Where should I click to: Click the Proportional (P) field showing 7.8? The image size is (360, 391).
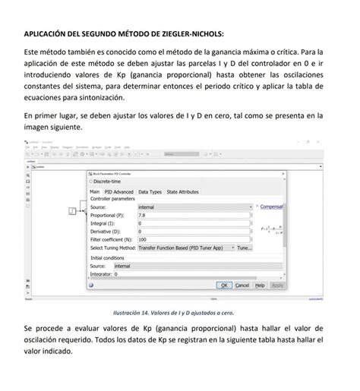point(194,216)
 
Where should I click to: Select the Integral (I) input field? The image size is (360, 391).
point(194,224)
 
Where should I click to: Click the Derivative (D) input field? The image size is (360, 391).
point(194,232)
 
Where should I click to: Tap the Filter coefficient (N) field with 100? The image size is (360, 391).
point(194,240)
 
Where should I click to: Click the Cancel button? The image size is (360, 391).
point(242,285)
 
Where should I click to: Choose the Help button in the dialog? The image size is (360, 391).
point(260,285)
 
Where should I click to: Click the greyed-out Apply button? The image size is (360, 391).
point(277,285)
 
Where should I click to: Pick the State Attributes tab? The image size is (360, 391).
point(182,192)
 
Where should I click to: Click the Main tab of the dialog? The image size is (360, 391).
point(95,192)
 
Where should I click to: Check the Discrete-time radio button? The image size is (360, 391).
point(93,181)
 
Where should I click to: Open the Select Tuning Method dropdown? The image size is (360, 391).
point(186,248)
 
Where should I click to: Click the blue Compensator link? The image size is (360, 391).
point(271,207)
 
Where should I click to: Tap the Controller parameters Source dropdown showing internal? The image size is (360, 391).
point(194,207)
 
